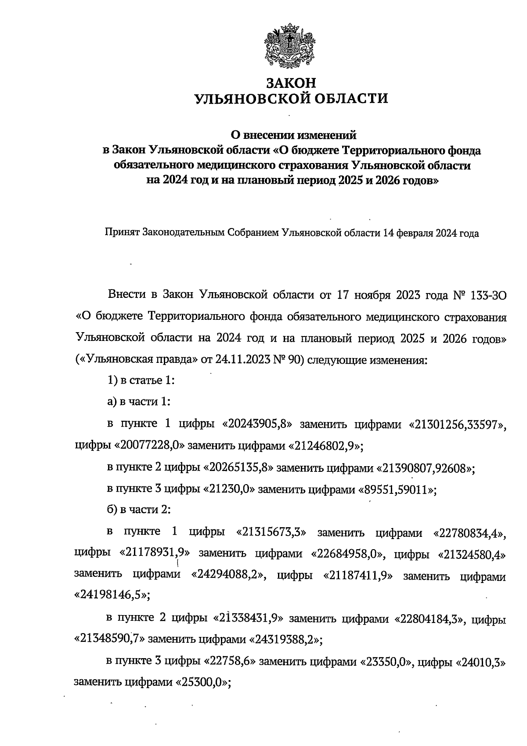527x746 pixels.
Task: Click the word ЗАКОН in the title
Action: click(291, 83)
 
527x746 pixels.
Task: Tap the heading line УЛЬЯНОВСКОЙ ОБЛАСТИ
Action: click(291, 98)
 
